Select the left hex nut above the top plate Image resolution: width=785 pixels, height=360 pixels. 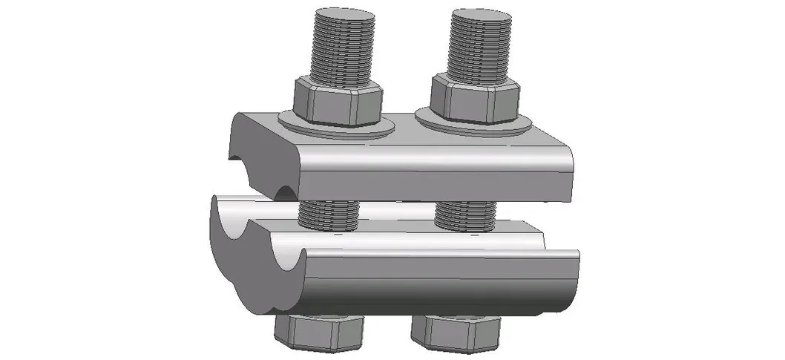338,100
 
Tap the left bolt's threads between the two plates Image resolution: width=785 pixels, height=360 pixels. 328,215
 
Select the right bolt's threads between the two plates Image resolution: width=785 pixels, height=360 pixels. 465,215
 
